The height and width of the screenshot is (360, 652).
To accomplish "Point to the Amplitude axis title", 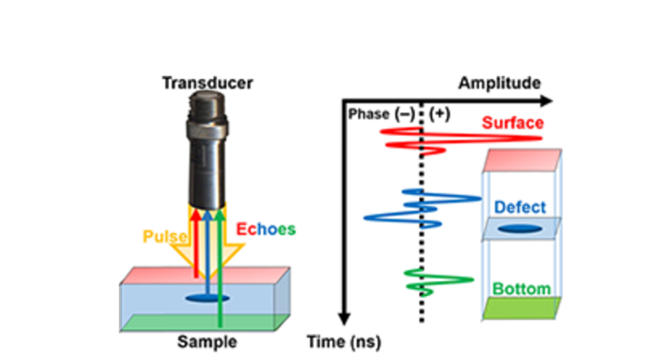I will click(498, 83).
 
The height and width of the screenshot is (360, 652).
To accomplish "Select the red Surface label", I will click(512, 122).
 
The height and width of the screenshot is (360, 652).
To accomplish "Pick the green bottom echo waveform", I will click(433, 279).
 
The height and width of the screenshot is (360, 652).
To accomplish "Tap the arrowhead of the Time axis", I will click(343, 318).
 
